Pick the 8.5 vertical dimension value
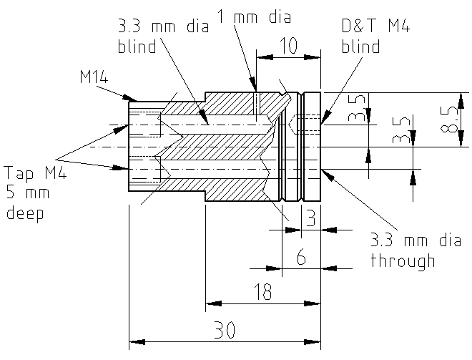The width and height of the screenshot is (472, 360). coord(448,120)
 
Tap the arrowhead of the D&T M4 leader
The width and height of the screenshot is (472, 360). coord(324,121)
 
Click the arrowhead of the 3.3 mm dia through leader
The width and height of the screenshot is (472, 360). coord(324,170)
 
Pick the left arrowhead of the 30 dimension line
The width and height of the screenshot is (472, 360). coord(133,341)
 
